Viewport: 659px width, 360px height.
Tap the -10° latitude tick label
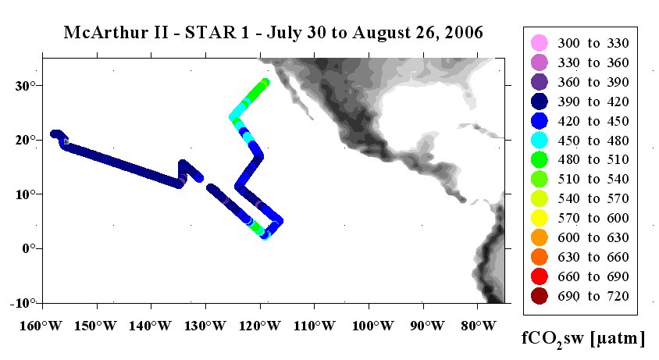[20, 303]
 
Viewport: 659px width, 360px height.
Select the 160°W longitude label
[41, 326]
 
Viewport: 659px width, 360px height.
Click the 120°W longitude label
[259, 326]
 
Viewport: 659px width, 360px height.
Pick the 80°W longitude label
[479, 326]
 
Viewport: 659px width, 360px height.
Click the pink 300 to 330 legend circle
[540, 43]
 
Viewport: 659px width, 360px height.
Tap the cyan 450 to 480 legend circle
[540, 140]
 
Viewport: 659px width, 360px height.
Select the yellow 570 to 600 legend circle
[540, 218]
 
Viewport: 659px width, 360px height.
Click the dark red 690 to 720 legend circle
[540, 296]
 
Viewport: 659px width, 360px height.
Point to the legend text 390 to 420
[593, 102]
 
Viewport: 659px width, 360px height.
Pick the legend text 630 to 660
[593, 257]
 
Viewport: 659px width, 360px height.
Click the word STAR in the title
[211, 32]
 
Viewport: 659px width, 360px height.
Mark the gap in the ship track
[205, 183]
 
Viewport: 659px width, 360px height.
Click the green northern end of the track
[265, 82]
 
